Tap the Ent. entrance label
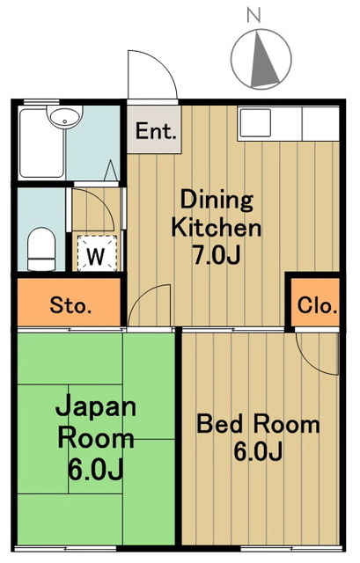pyautogui.click(x=157, y=132)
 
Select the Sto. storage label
pyautogui.click(x=70, y=306)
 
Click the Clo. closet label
pyautogui.click(x=317, y=306)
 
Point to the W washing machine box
pyautogui.click(x=96, y=257)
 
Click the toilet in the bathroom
pyautogui.click(x=40, y=249)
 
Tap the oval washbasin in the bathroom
pyautogui.click(x=64, y=117)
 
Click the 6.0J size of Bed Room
pyautogui.click(x=257, y=454)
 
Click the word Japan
pyautogui.click(x=97, y=407)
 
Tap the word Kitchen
pyautogui.click(x=216, y=228)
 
